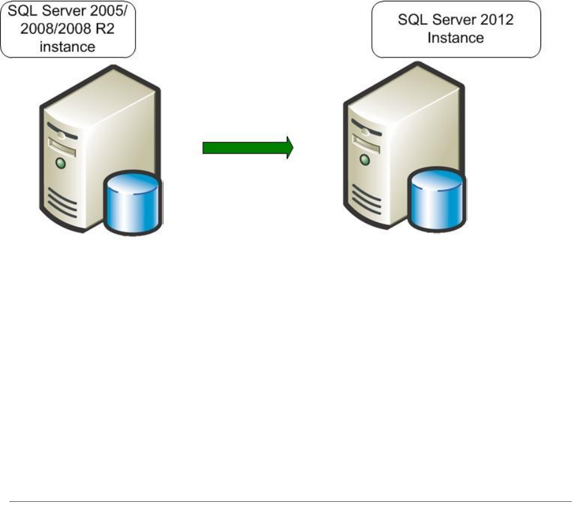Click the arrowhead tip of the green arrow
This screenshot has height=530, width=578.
click(x=292, y=147)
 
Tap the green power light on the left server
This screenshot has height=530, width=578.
click(x=61, y=164)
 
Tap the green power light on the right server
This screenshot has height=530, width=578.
click(x=366, y=160)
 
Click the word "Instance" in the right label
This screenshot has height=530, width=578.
click(x=456, y=37)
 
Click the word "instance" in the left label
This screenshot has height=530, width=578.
click(x=67, y=46)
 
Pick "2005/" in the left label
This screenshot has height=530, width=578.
click(x=115, y=12)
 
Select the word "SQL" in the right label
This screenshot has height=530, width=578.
click(x=411, y=19)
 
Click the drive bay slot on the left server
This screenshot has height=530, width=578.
click(x=62, y=149)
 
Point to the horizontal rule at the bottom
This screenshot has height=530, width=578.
click(x=290, y=501)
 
